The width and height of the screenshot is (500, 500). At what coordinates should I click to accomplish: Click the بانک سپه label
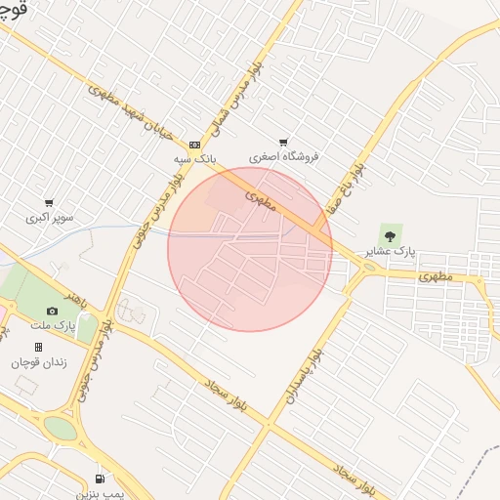click(194, 157)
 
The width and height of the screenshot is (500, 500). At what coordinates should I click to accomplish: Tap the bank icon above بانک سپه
click(194, 144)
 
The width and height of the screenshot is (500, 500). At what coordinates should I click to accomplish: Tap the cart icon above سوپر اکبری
click(48, 203)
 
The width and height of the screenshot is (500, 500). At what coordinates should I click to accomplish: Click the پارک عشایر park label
click(390, 250)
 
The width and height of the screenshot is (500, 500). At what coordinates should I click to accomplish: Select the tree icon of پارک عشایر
click(391, 234)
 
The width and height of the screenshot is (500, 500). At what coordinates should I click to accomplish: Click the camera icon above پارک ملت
click(52, 311)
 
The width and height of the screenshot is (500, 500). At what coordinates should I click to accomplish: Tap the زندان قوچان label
click(37, 361)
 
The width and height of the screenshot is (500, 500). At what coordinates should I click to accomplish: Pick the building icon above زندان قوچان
click(38, 347)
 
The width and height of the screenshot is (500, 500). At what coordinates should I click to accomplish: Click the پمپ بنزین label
click(100, 494)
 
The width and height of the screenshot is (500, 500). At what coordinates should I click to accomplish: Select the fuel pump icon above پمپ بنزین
click(100, 479)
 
